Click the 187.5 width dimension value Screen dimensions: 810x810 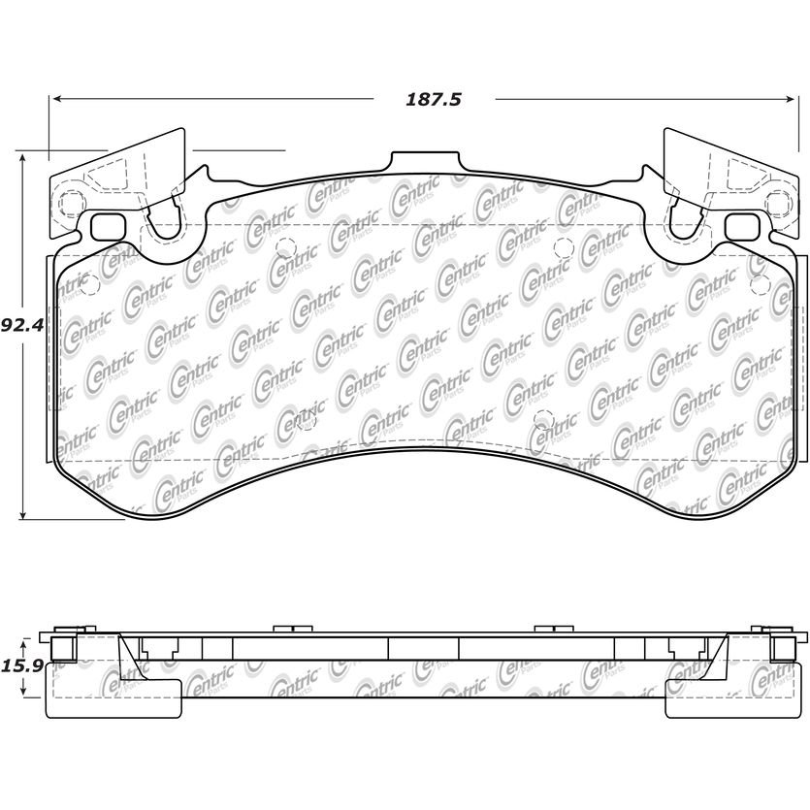click(x=433, y=99)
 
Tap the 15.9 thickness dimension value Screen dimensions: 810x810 click(x=21, y=665)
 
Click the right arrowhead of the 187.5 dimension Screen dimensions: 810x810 click(x=790, y=99)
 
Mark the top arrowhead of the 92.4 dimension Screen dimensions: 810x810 click(x=22, y=158)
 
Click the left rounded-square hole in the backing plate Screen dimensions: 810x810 click(x=108, y=227)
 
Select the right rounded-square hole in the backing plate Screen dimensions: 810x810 click(x=742, y=227)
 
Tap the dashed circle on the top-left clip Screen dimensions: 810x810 click(x=70, y=205)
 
